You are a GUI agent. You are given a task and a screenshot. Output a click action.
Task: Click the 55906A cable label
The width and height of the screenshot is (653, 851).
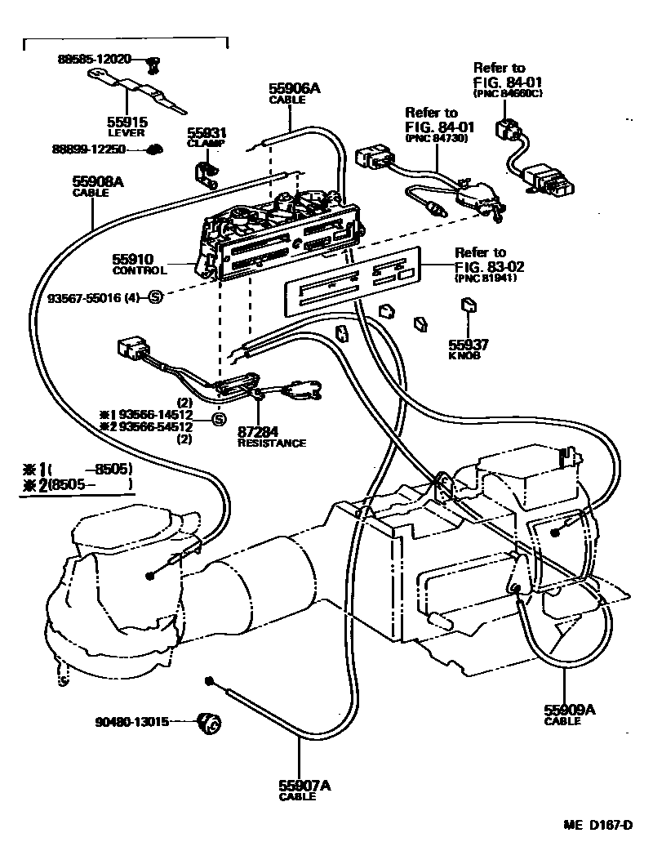[x=294, y=89]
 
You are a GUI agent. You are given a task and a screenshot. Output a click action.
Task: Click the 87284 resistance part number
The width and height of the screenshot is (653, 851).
[x=259, y=432]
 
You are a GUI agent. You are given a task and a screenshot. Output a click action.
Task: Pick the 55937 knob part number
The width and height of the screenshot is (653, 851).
[x=467, y=345]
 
